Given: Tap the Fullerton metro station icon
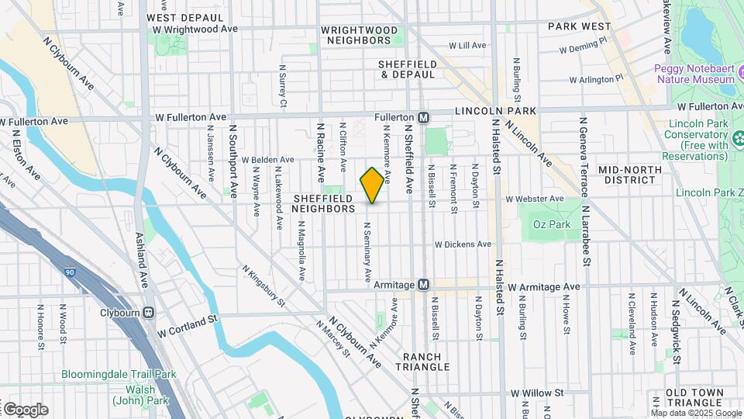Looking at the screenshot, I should pyautogui.click(x=423, y=117).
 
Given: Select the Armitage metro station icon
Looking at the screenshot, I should pyautogui.click(x=423, y=285).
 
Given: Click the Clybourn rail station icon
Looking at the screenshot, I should pyautogui.click(x=148, y=313).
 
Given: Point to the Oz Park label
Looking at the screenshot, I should pyautogui.click(x=551, y=225).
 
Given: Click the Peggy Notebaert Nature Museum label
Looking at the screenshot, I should pyautogui.click(x=694, y=74).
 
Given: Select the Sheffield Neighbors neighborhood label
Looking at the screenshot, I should pyautogui.click(x=324, y=203).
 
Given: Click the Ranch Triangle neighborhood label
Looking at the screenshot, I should pyautogui.click(x=422, y=362).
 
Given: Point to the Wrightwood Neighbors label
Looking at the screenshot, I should pyautogui.click(x=360, y=35).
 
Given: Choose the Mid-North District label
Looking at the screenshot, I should pyautogui.click(x=630, y=175).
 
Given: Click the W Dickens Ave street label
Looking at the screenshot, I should pyautogui.click(x=463, y=244).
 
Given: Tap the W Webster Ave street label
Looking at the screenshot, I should pyautogui.click(x=535, y=199).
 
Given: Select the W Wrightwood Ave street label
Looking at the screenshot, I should pyautogui.click(x=195, y=28).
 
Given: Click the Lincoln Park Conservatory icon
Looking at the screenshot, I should pyautogui.click(x=738, y=139).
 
